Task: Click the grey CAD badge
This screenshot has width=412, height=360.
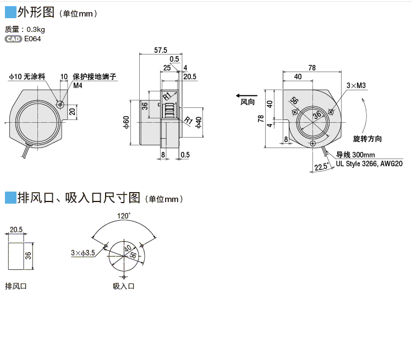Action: tap(13, 39)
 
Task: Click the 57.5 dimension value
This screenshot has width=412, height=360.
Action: tap(161, 50)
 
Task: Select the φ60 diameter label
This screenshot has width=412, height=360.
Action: tap(127, 122)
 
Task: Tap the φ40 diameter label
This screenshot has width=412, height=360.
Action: tap(199, 122)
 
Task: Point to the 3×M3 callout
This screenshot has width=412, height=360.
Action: tap(356, 85)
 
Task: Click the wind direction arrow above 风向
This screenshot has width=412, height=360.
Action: tap(246, 96)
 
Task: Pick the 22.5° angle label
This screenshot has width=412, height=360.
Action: tap(321, 167)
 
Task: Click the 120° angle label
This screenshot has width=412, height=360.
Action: tap(124, 216)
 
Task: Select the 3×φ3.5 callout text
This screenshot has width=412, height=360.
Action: tap(83, 253)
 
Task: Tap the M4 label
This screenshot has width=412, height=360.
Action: tap(78, 85)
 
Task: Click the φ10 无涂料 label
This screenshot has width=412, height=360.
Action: tap(27, 77)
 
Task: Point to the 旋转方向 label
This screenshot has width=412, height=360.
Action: tap(367, 139)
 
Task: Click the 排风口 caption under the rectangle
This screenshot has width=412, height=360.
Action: tap(16, 286)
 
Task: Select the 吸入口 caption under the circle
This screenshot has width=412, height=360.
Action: tap(124, 286)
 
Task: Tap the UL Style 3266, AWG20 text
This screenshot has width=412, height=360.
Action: tap(369, 163)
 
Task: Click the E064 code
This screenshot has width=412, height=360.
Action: tap(32, 39)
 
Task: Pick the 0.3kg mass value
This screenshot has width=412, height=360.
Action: tap(36, 30)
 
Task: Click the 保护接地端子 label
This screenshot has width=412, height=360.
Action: tap(94, 77)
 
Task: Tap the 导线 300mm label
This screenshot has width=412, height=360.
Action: tap(355, 155)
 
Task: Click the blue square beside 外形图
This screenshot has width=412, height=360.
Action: tap(10, 12)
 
